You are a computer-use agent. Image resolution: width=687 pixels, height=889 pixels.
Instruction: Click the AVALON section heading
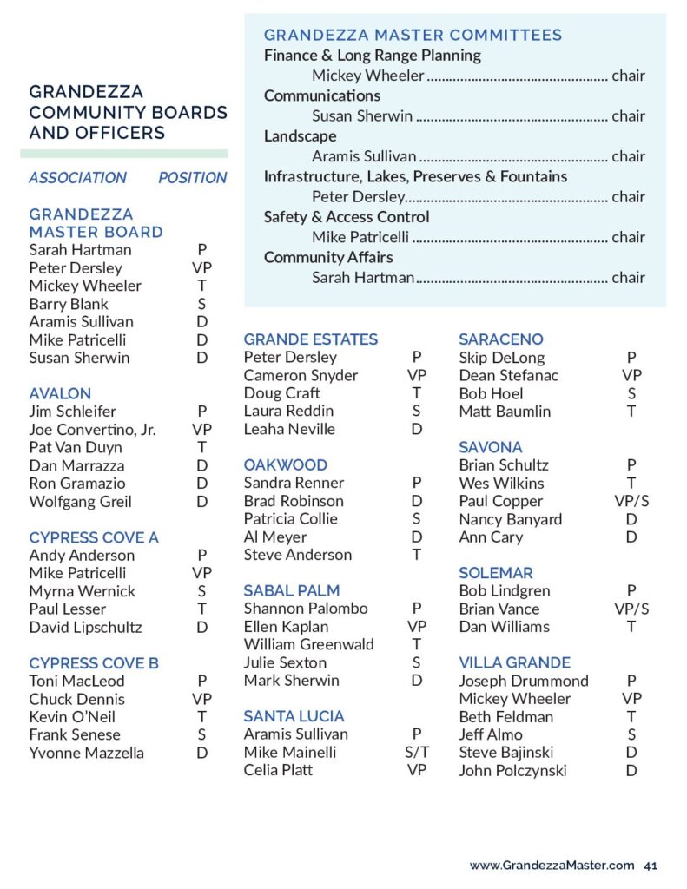[x=60, y=393]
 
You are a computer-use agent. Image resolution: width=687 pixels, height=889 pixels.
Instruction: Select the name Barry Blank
[x=69, y=304]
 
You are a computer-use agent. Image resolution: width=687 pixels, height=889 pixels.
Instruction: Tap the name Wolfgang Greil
[x=80, y=501]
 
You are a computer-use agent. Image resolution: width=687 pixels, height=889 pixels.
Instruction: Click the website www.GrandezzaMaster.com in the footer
[x=552, y=865]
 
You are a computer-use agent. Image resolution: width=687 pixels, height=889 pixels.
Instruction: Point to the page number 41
[x=651, y=865]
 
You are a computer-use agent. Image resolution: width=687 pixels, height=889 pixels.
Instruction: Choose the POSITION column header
[x=192, y=178]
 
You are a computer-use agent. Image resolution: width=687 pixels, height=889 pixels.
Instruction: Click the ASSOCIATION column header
[x=77, y=178]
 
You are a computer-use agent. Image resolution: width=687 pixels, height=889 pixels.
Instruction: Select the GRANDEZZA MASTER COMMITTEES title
[x=413, y=36]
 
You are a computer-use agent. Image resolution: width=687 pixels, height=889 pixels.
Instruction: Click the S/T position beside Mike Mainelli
[x=417, y=753]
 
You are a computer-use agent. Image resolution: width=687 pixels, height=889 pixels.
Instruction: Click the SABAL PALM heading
[x=292, y=590]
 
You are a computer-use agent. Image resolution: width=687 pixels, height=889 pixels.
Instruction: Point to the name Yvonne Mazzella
[x=86, y=753]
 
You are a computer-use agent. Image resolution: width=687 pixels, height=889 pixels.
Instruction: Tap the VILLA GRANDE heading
[x=514, y=662]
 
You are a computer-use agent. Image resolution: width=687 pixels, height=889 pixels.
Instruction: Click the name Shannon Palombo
[x=306, y=609]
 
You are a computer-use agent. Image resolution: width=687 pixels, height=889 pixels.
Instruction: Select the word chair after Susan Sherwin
[x=628, y=116]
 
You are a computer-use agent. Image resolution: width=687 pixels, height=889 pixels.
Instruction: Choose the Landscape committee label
[x=300, y=136]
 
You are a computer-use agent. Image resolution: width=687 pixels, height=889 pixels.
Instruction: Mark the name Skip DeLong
[x=502, y=358]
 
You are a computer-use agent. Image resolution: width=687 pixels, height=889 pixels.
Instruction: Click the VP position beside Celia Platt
[x=417, y=770]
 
